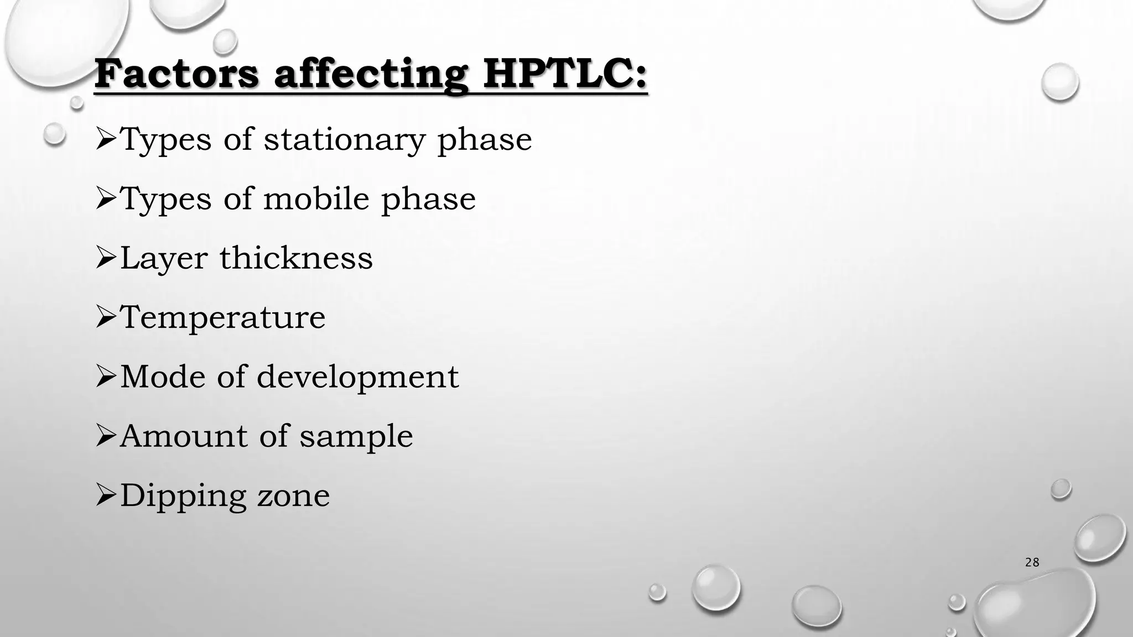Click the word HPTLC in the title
564,75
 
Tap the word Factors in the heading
176,75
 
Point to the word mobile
316,199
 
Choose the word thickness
296,258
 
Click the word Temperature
223,317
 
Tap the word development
357,377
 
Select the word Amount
184,436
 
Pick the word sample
356,437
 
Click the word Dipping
183,496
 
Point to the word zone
293,496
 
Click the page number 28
1032,563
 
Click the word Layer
163,259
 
